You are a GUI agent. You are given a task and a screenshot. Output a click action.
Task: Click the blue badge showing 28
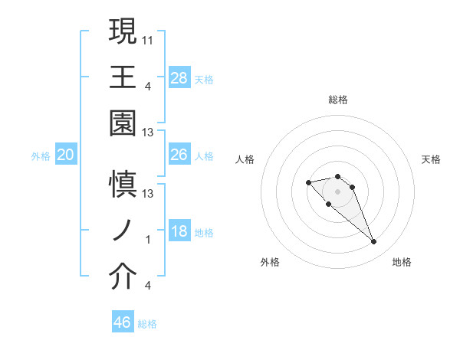(179, 78)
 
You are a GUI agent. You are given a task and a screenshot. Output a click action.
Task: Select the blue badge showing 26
(179, 155)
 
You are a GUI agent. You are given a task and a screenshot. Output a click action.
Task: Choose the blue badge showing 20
(66, 155)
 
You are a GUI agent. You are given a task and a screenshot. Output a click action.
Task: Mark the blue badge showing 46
(123, 322)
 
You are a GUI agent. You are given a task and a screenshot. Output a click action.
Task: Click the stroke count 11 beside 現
(148, 38)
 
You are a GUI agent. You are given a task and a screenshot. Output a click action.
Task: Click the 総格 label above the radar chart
(338, 100)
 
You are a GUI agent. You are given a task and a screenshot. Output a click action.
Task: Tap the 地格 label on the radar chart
(402, 262)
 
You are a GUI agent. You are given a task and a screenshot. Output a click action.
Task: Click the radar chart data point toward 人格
(308, 182)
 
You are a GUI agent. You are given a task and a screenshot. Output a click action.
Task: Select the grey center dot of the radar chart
(338, 191)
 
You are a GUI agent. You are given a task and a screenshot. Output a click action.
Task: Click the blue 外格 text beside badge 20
(41, 156)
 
